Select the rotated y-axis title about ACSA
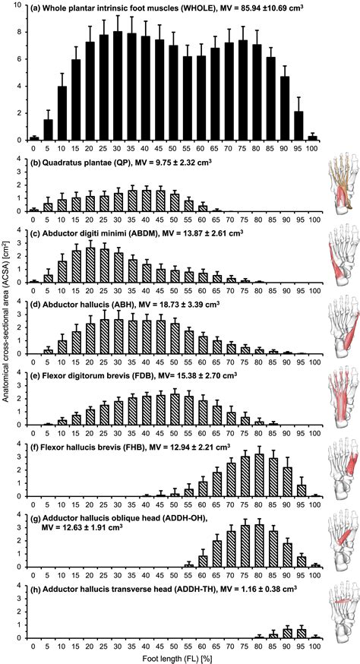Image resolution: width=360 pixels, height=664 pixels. pyautogui.click(x=7, y=326)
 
